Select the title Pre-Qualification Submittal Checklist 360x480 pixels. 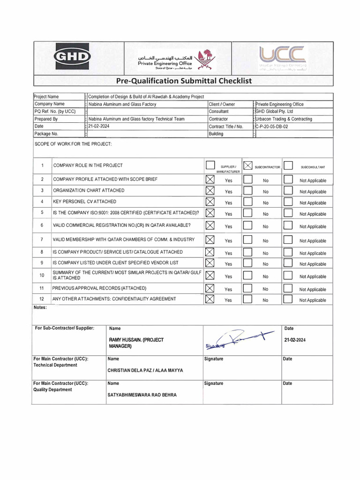tap(183, 81)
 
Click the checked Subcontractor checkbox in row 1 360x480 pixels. tap(248, 165)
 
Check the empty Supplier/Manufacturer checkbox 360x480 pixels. tap(210, 165)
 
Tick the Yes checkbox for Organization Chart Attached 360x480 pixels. tap(210, 191)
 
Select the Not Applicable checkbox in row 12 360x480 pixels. tap(288, 300)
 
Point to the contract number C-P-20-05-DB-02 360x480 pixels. tap(277, 127)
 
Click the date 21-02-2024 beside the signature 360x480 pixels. tap(294, 340)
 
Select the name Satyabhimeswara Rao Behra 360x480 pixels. tap(142, 395)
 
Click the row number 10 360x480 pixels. tap(42, 275)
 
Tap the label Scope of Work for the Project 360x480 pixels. tap(73, 143)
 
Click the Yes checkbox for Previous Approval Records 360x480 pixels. tap(210, 288)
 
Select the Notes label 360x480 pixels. tap(40, 308)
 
